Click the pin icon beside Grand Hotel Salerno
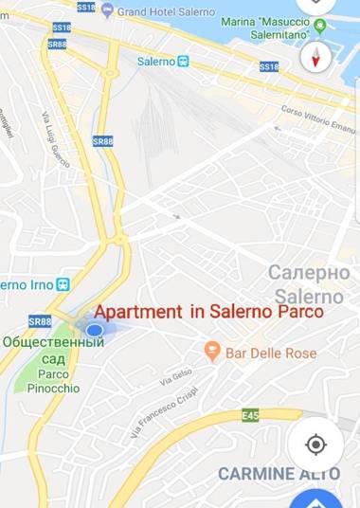(x=107, y=10)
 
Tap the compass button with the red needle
(x=315, y=57)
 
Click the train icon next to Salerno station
(x=184, y=62)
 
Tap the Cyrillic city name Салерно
(x=309, y=272)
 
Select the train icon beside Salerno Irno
(x=63, y=283)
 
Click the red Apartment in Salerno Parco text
(x=209, y=312)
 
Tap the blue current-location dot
(x=94, y=330)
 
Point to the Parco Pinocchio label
(x=53, y=381)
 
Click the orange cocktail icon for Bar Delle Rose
(x=212, y=353)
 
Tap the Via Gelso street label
(x=176, y=376)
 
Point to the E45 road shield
(x=250, y=415)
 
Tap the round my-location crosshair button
(x=316, y=444)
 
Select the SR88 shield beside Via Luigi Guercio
(x=102, y=141)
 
